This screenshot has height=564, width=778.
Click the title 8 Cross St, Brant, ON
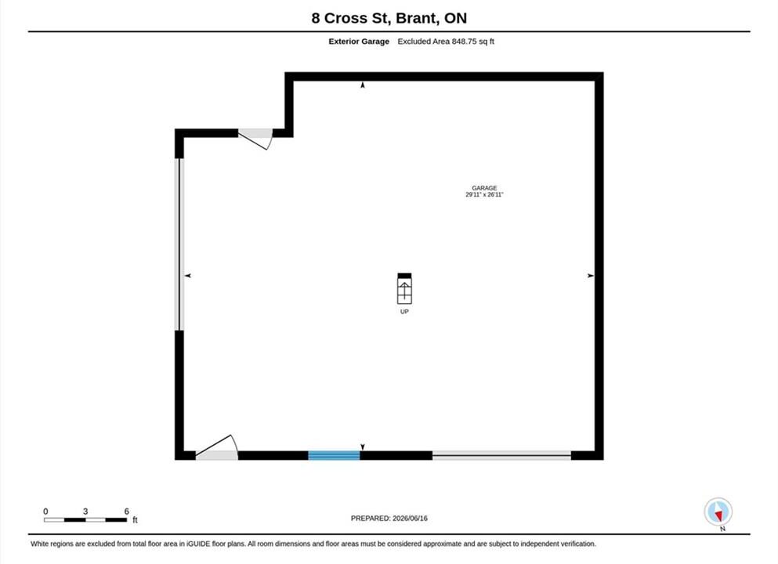pos(389,18)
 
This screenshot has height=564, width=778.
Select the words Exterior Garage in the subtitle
pos(359,42)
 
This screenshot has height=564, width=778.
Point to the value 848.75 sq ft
pos(473,42)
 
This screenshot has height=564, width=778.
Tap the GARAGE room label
pos(484,188)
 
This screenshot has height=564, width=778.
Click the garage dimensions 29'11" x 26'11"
pos(484,194)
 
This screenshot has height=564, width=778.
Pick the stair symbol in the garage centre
pos(404,288)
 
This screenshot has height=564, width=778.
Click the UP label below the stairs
pos(404,312)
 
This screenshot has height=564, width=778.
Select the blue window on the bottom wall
pos(334,455)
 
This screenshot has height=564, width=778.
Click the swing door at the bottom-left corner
pos(217,447)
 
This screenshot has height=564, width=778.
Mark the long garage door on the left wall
pos(179,244)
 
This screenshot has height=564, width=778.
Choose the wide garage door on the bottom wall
pos(501,455)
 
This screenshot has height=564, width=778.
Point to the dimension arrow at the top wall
pos(363,85)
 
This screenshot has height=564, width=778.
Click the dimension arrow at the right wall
pos(591,275)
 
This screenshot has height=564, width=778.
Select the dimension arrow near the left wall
pos(187,275)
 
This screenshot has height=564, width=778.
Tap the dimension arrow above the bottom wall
pos(363,447)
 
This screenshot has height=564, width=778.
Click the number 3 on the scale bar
pos(85,511)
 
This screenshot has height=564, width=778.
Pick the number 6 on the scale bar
pos(126,511)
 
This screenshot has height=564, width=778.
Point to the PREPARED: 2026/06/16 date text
pos(389,519)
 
